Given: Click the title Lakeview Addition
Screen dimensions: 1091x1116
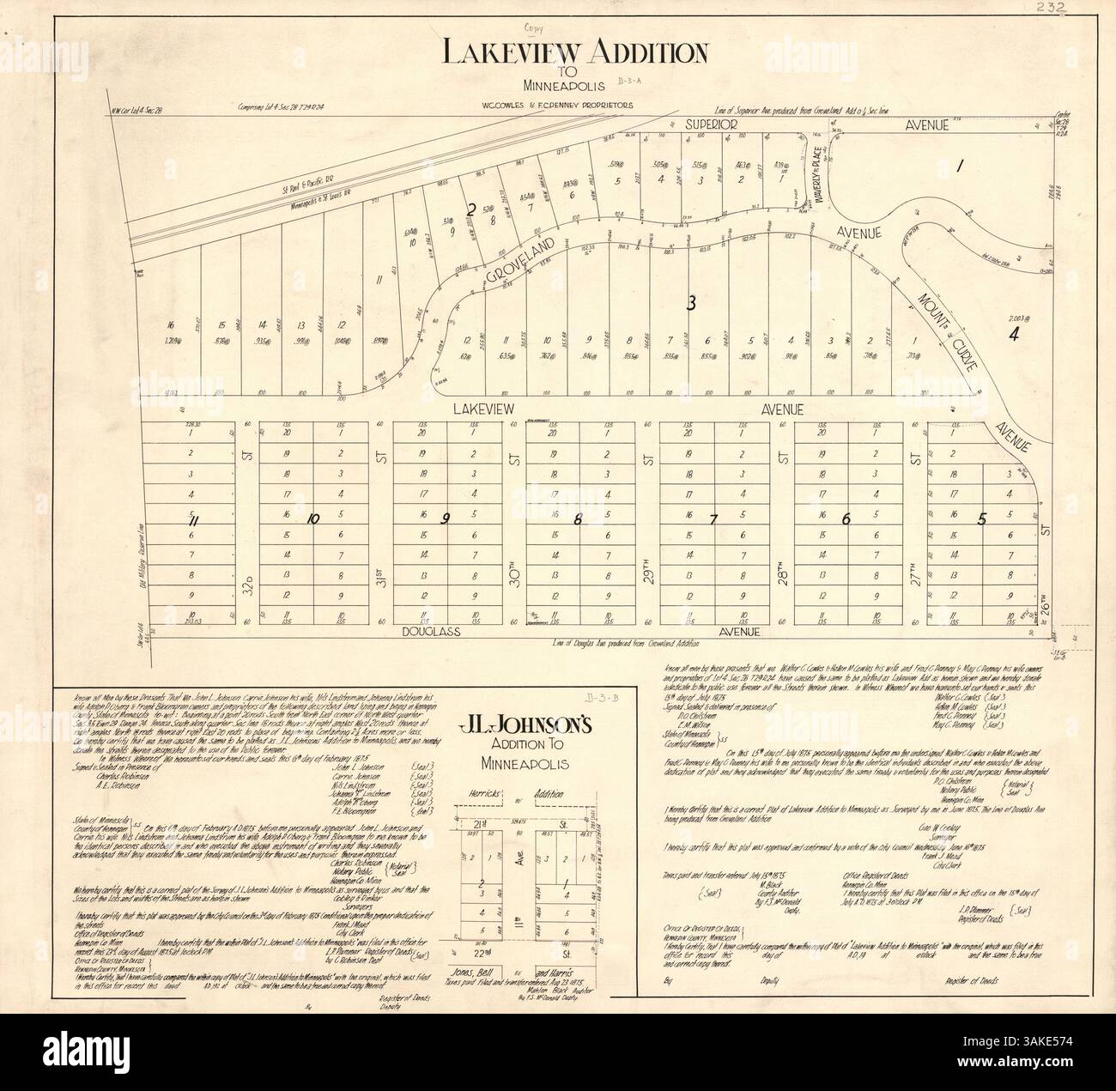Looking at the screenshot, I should pos(574,54).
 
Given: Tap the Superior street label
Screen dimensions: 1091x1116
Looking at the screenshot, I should pos(711,125).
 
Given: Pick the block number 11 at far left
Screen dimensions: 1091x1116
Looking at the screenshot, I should pos(194,518).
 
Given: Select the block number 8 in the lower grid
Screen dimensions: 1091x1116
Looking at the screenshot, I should pos(579,518).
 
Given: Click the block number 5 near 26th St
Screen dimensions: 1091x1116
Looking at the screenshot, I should pos(982,518).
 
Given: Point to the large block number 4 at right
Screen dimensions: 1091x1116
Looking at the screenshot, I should pos(1013,335).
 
